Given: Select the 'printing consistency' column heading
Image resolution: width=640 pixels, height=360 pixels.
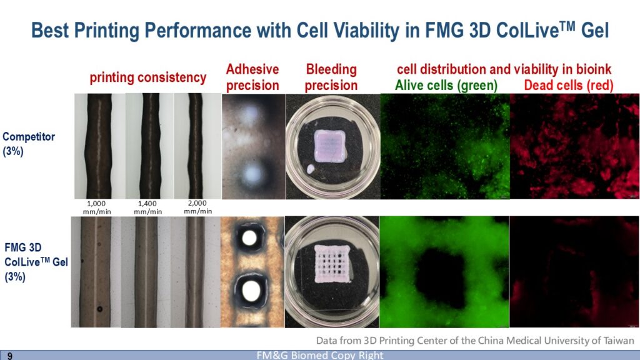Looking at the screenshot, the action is click(147, 77).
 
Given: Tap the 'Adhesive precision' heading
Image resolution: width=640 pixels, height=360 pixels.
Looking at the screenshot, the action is click(252, 77).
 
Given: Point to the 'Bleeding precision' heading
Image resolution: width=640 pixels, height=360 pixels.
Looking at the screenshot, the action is click(331, 77).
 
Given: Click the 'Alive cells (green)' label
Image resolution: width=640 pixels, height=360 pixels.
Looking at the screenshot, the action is click(446, 85).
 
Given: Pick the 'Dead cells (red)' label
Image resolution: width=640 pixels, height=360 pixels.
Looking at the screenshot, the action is click(569, 85).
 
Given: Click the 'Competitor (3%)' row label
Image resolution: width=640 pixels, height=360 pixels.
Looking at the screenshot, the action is click(29, 144).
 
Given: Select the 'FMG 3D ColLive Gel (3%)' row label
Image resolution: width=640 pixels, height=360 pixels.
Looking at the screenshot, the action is click(36, 262).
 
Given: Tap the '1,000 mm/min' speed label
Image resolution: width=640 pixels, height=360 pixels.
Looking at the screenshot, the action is click(97, 207).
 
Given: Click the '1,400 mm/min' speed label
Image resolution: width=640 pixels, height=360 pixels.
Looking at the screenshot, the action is click(147, 207).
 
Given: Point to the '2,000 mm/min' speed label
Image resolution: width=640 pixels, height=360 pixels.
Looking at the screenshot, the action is click(197, 207).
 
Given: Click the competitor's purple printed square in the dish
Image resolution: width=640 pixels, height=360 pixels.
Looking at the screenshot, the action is click(330, 146).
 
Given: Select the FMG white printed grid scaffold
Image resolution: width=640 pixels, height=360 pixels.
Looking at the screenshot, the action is click(332, 263).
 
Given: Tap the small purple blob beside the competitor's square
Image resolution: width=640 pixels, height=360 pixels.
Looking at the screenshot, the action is click(311, 169).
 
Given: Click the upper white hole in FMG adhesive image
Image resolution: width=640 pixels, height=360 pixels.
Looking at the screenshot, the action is click(249, 237).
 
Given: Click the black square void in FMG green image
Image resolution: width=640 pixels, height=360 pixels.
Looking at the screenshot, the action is click(440, 278).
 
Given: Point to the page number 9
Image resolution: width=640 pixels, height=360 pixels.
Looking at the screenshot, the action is click(10, 356).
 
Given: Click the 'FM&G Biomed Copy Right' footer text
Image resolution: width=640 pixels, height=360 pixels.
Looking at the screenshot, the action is click(320, 355).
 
